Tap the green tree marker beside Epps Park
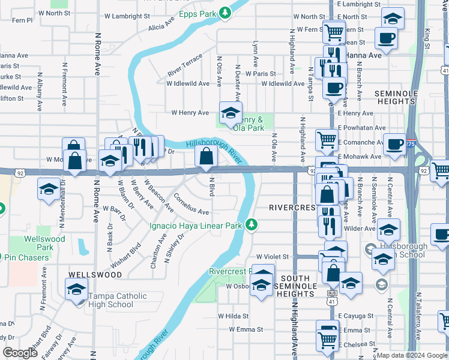pyautogui.click(x=224, y=12)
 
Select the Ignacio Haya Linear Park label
pyautogui.click(x=195, y=226)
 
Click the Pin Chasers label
pyautogui.click(x=28, y=257)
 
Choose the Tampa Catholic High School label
pyautogui.click(x=110, y=300)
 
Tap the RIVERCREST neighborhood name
pyautogui.click(x=292, y=208)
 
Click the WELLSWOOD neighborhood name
pyautogui.click(x=95, y=275)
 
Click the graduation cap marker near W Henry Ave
pyautogui.click(x=229, y=112)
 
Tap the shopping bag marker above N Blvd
pyautogui.click(x=206, y=157)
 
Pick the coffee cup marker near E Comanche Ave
pyautogui.click(x=395, y=145)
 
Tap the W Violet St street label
pyautogui.click(x=273, y=257)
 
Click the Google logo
pyautogui.click(x=20, y=353)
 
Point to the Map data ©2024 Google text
pyautogui.click(x=412, y=355)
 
